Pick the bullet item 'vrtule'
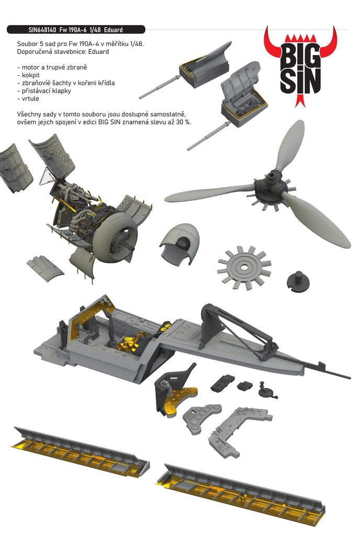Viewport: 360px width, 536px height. click(29, 98)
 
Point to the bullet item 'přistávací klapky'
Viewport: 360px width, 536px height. click(46, 91)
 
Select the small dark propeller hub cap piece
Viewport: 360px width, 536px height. click(298, 281)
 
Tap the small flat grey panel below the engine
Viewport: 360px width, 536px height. click(44, 267)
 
